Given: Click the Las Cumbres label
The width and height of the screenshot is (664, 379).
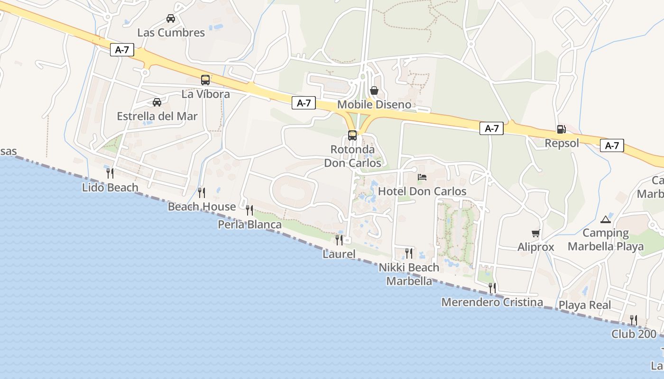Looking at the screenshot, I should [x=171, y=33].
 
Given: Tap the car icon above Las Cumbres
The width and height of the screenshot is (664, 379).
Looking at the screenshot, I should [x=171, y=18].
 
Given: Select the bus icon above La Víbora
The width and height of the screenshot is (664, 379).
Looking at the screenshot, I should [x=205, y=80].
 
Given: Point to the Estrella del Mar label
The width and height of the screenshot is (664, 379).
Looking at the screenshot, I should [x=157, y=116].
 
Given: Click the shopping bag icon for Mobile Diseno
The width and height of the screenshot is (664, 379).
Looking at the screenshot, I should [x=374, y=90].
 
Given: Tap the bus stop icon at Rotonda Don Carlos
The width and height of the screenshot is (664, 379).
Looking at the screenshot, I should [x=352, y=135].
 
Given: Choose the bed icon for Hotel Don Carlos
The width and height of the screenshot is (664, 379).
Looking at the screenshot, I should [x=422, y=177].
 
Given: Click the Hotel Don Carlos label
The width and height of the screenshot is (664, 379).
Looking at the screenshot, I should [x=422, y=191].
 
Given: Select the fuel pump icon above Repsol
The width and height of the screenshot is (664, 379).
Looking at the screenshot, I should [x=561, y=129].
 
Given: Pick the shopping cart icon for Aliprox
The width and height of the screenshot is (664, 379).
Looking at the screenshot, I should [x=536, y=233].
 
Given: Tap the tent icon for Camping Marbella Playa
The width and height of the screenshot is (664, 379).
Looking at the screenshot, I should [x=606, y=219].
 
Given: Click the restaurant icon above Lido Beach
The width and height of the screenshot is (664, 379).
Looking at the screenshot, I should [x=110, y=173].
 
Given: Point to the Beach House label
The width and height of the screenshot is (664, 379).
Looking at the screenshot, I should [x=202, y=207].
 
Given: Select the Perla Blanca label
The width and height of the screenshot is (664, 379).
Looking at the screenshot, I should [x=249, y=225].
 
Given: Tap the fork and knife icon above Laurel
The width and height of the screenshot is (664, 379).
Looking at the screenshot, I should [x=339, y=240].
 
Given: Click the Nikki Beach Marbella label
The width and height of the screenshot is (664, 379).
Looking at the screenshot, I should [x=409, y=274].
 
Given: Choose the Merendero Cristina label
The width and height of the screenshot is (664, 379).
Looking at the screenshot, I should [x=492, y=302].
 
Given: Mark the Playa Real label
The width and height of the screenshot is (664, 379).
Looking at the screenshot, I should [x=585, y=305].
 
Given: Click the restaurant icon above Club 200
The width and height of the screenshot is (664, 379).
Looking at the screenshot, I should [x=633, y=320].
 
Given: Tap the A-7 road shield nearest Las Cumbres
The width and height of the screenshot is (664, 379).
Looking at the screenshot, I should [x=122, y=50].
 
